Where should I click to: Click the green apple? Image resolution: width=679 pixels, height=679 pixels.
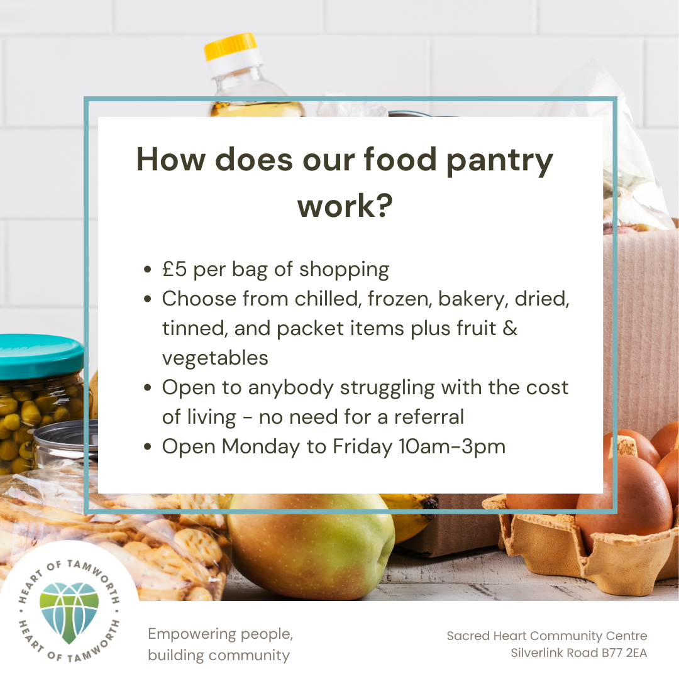coord(311,547)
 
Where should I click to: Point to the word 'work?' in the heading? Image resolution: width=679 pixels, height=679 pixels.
coord(345,206)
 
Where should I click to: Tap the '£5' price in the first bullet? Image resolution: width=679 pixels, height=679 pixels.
coord(175,269)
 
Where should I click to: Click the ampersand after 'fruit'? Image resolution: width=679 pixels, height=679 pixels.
coord(510,328)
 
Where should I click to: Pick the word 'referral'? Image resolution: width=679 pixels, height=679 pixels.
coord(429,417)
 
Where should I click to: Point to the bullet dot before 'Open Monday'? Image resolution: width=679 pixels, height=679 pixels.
coord(148,446)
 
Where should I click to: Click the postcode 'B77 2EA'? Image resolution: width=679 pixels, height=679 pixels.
coord(622,653)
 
